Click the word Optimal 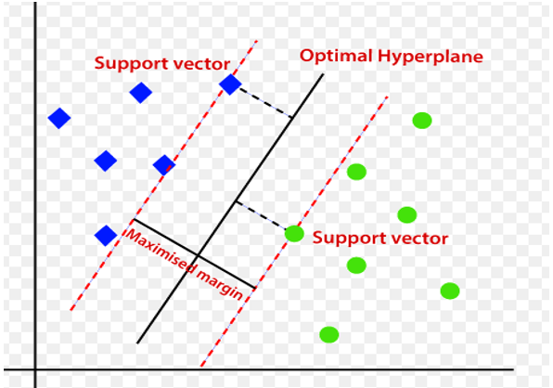(x=336, y=57)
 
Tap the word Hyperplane (x=431, y=57)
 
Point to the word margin (x=220, y=285)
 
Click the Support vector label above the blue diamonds (x=162, y=64)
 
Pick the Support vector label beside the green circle (x=380, y=238)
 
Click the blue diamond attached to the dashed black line (x=230, y=84)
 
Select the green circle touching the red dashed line (x=294, y=234)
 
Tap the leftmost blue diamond (x=59, y=118)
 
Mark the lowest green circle (x=329, y=335)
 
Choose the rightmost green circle (x=450, y=291)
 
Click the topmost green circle (x=422, y=121)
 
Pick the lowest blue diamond (x=106, y=235)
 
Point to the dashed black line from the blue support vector (x=266, y=103)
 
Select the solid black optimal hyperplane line (x=230, y=209)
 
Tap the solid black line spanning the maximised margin (x=194, y=254)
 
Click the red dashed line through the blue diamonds (x=164, y=175)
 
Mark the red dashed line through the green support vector (x=294, y=232)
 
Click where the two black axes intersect (x=35, y=369)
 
